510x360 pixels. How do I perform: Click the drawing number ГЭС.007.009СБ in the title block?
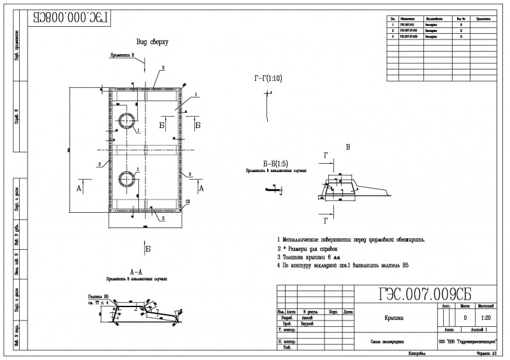[425, 293]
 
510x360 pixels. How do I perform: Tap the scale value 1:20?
[485, 317]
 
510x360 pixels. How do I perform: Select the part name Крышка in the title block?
[393, 317]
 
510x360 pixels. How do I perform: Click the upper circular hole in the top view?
[126, 122]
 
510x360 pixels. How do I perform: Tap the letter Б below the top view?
[147, 248]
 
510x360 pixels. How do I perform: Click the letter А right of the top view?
[201, 189]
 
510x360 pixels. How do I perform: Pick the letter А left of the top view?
[79, 189]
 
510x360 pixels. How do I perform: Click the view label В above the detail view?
[347, 147]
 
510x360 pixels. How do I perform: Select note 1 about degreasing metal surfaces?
[351, 240]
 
